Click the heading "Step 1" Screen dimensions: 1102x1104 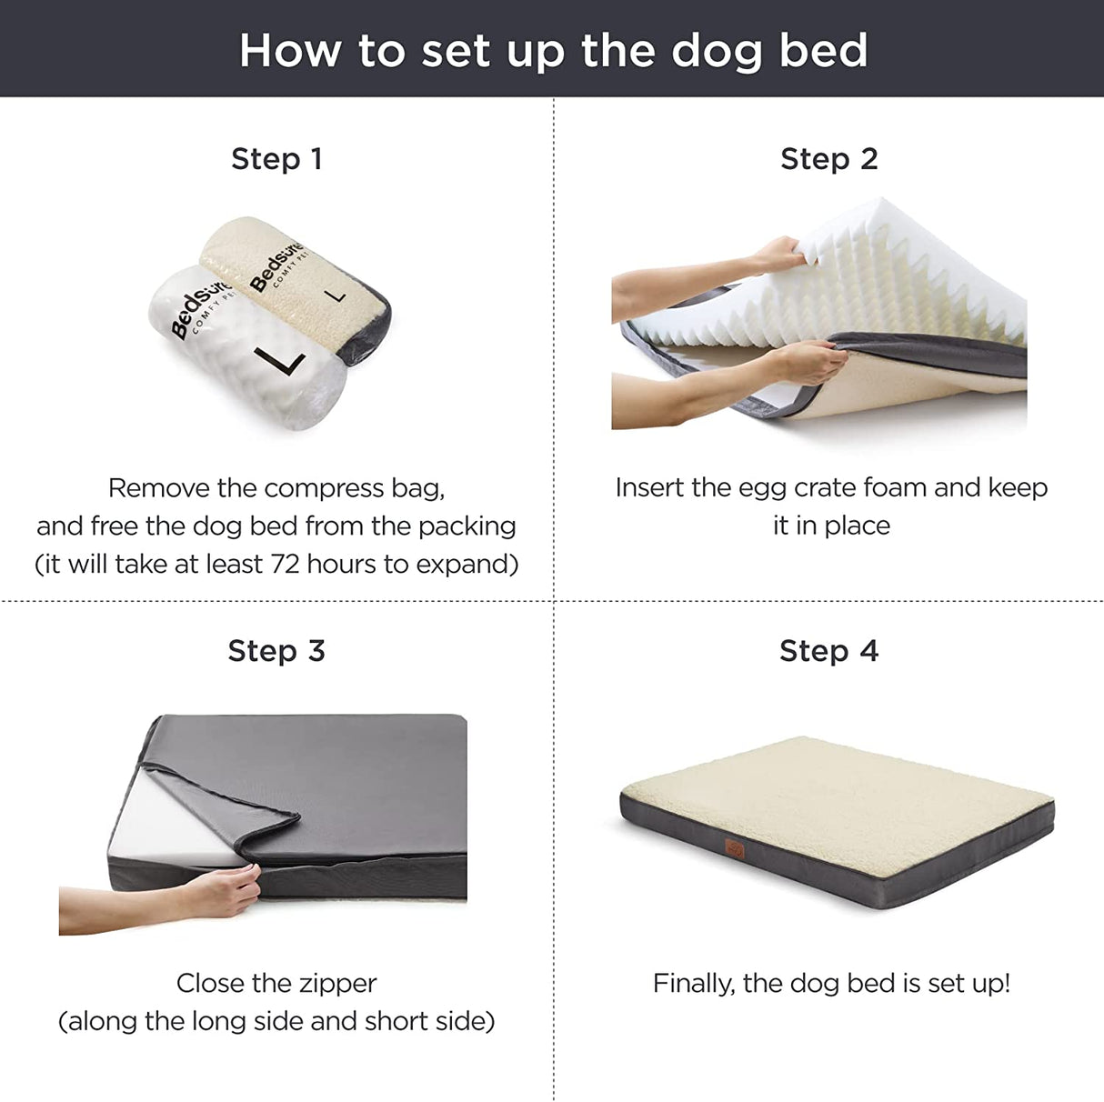coord(276,159)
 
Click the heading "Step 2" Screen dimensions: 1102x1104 coord(828,159)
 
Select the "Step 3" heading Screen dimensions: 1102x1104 coord(276,651)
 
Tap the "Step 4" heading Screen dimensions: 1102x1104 coord(828,651)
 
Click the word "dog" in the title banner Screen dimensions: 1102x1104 coord(716,52)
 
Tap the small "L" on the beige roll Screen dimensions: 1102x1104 coord(336,295)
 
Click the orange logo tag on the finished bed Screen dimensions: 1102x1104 coord(734,848)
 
